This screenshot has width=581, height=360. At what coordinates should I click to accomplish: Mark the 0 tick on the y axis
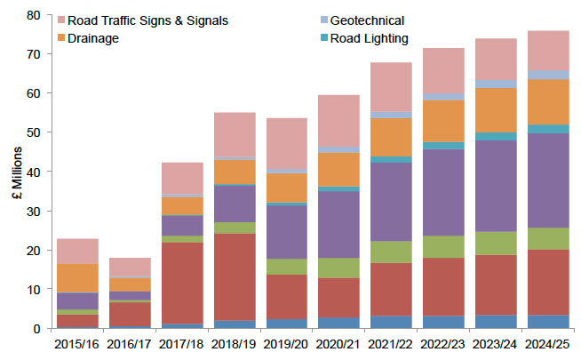click(37, 329)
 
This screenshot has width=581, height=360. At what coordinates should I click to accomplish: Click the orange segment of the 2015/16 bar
click(76, 277)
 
